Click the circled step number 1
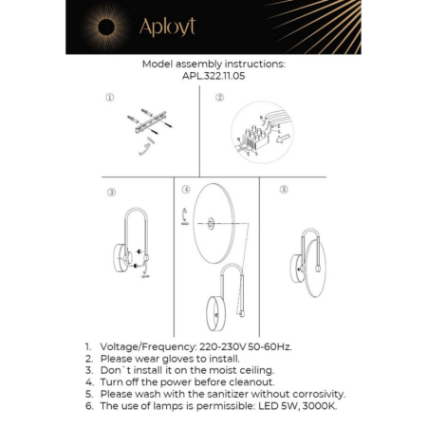coord(109,98)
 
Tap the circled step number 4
coord(185,190)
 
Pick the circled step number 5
coord(284,190)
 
